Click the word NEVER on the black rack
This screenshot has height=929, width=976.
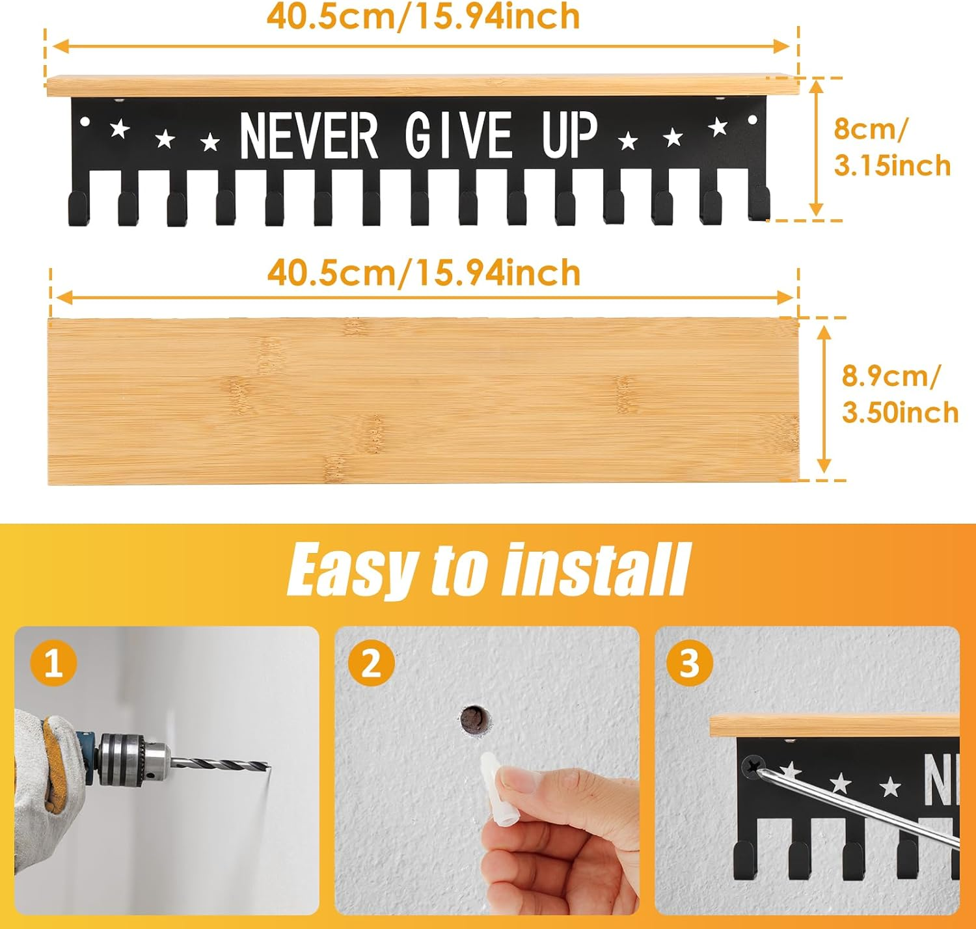(x=309, y=135)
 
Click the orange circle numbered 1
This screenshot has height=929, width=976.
(x=53, y=664)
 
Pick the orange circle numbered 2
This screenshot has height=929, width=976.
(x=372, y=664)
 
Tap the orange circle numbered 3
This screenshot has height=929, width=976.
(x=690, y=664)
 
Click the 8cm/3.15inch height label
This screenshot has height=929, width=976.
(x=892, y=147)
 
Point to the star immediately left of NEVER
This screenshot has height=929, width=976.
(x=210, y=142)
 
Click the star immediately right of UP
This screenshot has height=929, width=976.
(x=628, y=141)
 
